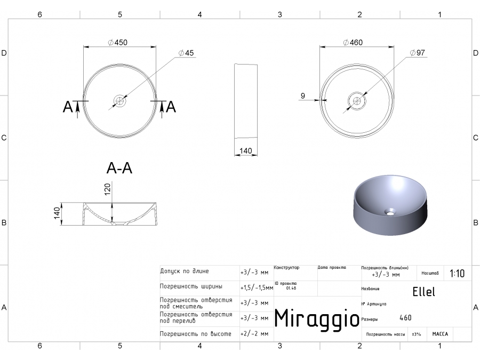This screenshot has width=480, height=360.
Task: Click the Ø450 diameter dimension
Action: tap(117, 43)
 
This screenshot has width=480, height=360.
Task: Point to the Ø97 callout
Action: tap(418, 53)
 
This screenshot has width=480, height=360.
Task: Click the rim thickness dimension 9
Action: tap(302, 96)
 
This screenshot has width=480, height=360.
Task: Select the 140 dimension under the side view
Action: tap(245, 151)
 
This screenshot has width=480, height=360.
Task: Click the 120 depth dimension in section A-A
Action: tap(107, 189)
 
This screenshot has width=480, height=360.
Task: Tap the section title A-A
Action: tap(119, 169)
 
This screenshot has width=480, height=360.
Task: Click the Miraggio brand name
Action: tap(316, 318)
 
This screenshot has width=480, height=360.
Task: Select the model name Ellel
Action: tap(423, 292)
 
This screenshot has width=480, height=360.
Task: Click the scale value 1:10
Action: tap(457, 274)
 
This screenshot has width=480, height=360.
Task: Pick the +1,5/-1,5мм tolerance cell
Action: tap(257, 287)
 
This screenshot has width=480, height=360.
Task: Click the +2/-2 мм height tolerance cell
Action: tap(254, 334)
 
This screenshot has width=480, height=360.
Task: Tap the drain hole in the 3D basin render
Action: tap(391, 212)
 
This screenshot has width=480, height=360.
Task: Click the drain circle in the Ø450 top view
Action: tap(119, 100)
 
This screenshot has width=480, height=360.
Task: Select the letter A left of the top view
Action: tap(68, 107)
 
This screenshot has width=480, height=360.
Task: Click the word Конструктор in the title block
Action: tap(286, 268)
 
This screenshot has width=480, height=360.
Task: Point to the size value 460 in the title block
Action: tap(405, 318)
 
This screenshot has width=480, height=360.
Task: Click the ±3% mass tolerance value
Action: tap(417, 334)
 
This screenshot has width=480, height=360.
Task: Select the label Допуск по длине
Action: tap(185, 271)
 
